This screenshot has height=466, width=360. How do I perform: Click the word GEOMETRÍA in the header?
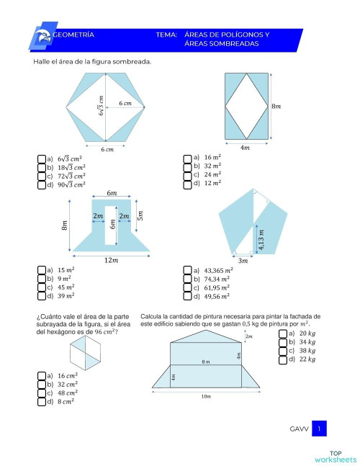(73, 34)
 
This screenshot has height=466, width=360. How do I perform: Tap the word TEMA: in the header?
(166, 34)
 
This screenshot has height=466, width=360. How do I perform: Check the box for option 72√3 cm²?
(42, 176)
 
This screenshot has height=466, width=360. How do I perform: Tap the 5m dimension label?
(140, 215)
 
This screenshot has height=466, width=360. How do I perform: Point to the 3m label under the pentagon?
(243, 260)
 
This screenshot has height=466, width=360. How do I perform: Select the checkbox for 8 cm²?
(42, 401)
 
